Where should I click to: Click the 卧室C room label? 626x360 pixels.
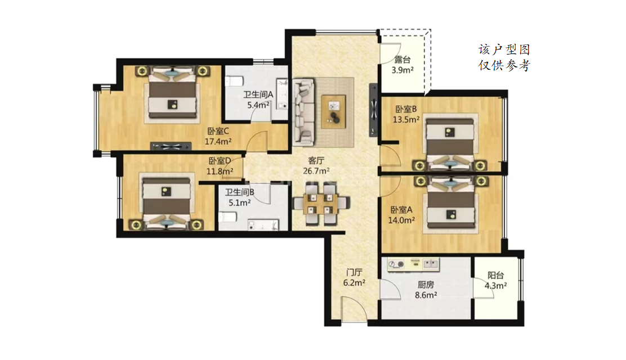(x=218, y=131)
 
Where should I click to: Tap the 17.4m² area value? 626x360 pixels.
(x=218, y=141)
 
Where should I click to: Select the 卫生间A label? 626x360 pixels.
(x=258, y=94)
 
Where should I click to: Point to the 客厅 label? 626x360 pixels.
(x=316, y=160)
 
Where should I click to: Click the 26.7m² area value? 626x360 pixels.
(x=316, y=171)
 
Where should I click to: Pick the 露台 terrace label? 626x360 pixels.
(x=403, y=60)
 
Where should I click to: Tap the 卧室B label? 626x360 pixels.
(x=406, y=109)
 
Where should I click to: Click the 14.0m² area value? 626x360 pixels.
(x=401, y=220)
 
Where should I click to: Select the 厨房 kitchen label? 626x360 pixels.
(x=426, y=285)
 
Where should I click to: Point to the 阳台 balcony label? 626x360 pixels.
(x=496, y=276)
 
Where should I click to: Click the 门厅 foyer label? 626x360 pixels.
(x=354, y=273)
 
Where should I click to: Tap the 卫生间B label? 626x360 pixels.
(x=240, y=192)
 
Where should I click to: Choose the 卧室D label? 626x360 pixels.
(x=220, y=161)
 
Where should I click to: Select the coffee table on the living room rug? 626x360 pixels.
(x=333, y=111)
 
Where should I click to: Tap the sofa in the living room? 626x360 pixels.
(x=303, y=112)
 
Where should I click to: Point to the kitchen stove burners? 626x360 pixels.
(x=396, y=264)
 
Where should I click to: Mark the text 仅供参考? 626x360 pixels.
(x=504, y=65)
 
